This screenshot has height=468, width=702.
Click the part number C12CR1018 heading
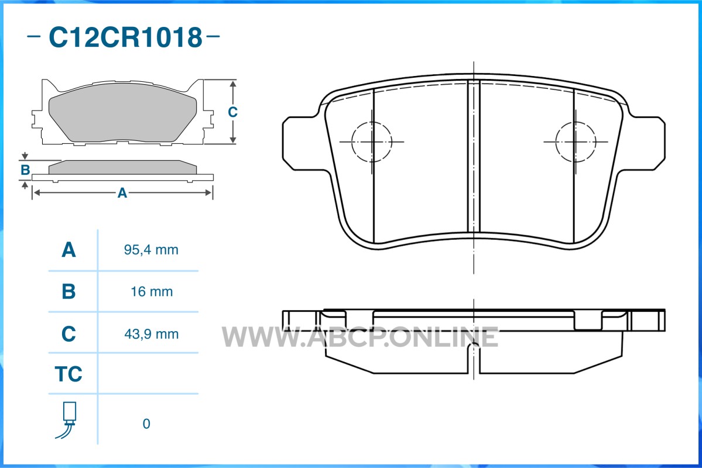pos(125,37)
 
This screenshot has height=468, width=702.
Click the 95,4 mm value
pos(151,250)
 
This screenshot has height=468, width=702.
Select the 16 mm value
pos(151,292)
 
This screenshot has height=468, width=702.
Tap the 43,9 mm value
pos(151,334)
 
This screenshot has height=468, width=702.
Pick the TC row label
pos(69,374)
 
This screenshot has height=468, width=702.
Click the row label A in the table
pos(69,250)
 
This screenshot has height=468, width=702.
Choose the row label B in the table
pos(69,292)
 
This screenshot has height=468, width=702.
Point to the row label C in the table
pos(69,334)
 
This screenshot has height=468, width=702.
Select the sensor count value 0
pos(146,424)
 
